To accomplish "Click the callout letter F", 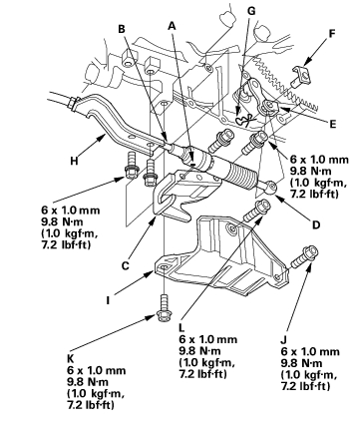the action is (x=331, y=34).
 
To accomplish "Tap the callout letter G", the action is (x=251, y=11).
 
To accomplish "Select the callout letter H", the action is (x=74, y=161).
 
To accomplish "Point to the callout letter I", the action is (x=108, y=300).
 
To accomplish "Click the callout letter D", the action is (x=316, y=225).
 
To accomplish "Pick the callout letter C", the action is (x=125, y=265).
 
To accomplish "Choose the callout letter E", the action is (x=332, y=124).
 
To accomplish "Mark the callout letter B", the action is (x=122, y=29).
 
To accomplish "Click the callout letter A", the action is (x=172, y=25).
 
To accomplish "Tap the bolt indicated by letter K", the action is (x=163, y=308).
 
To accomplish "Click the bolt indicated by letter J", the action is (x=304, y=256).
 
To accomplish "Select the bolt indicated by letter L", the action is (x=257, y=211).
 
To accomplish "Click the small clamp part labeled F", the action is (x=302, y=76).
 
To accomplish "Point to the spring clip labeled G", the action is (x=245, y=119).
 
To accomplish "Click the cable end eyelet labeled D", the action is (x=270, y=187).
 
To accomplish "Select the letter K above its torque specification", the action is (x=71, y=359).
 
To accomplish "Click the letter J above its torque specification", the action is (x=283, y=340).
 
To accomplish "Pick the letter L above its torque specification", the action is (x=181, y=328).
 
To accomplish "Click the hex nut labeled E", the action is (x=269, y=107).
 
